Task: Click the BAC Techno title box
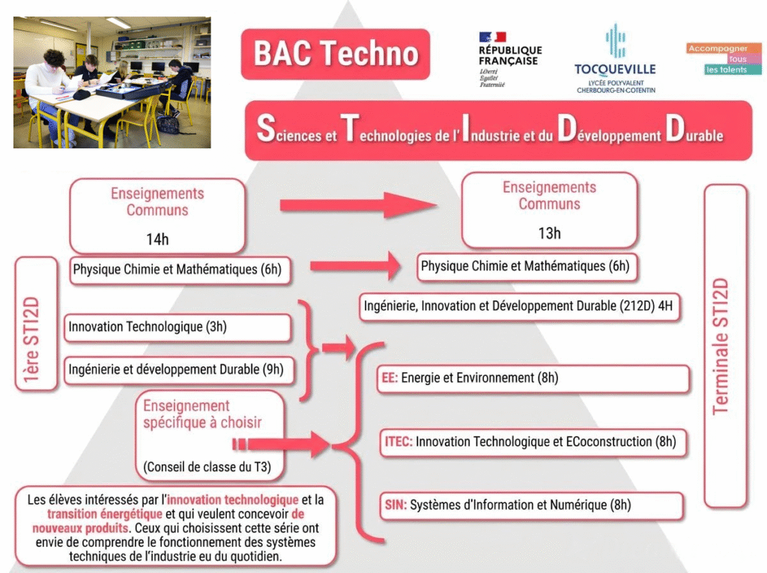click(335, 54)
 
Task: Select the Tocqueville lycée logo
click(615, 60)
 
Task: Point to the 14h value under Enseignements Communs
click(157, 240)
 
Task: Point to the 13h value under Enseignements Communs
click(549, 233)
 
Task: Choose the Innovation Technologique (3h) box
click(178, 327)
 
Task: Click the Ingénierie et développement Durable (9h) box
click(178, 369)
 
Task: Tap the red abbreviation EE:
click(389, 378)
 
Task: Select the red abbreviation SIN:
click(395, 506)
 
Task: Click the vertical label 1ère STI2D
click(34, 324)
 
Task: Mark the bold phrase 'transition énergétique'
click(104, 515)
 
